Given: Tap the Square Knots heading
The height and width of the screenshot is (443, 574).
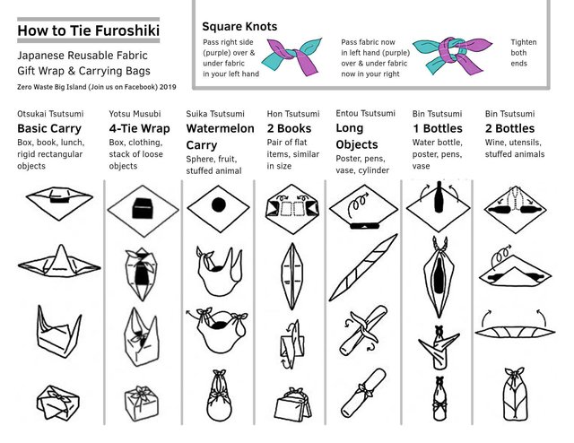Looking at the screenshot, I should [x=239, y=27].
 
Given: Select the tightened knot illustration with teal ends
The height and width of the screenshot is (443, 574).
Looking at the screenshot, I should [x=456, y=56].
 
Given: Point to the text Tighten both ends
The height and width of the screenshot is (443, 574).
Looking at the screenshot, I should [x=523, y=53].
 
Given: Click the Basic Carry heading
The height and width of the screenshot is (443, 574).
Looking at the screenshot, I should [x=49, y=128].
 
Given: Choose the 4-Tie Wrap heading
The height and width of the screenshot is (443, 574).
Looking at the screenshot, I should [x=139, y=128].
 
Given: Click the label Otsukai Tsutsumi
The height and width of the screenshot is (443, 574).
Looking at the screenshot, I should [x=50, y=114].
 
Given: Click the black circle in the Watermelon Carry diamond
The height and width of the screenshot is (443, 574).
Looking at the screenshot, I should [x=217, y=205].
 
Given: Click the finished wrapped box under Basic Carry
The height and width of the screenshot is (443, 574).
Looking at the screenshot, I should [x=56, y=403].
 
